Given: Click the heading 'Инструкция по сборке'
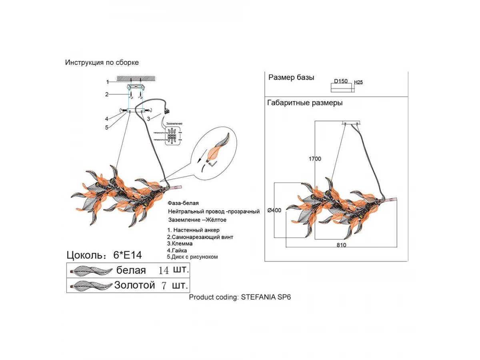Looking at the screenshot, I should tap(102, 63).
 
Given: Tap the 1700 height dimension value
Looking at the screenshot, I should tap(315, 159).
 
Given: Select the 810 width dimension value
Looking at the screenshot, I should tap(341, 245).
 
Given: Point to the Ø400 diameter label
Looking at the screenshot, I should tap(275, 210).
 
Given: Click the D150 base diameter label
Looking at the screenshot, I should tap(341, 82).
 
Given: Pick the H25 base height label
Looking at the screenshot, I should tap(358, 82).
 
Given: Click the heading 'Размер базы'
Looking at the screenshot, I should tap(291, 78).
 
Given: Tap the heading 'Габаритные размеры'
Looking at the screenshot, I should tap(305, 103).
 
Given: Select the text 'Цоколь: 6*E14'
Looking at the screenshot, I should tap(104, 255).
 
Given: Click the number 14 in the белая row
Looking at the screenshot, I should tap(164, 270).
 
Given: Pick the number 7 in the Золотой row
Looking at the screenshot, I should tap(163, 286).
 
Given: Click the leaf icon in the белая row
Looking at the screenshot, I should tap(90, 271).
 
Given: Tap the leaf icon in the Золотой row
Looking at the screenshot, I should tap(90, 286).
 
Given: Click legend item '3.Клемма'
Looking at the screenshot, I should tap(180, 244).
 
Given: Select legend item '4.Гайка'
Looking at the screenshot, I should tap(177, 250).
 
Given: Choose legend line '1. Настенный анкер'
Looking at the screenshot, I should tap(193, 230).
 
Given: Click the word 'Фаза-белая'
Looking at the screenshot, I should tap(183, 204).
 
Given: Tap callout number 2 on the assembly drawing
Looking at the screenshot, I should tap(107, 94).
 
